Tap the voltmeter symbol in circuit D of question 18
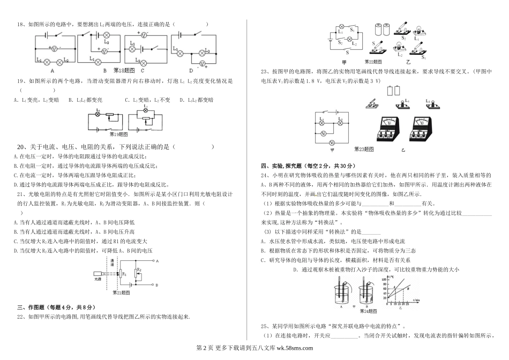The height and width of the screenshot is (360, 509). [x=202, y=64]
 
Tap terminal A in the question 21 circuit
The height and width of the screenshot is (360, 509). [x=157, y=261]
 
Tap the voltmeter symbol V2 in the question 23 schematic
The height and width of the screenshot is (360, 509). [x=331, y=142]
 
